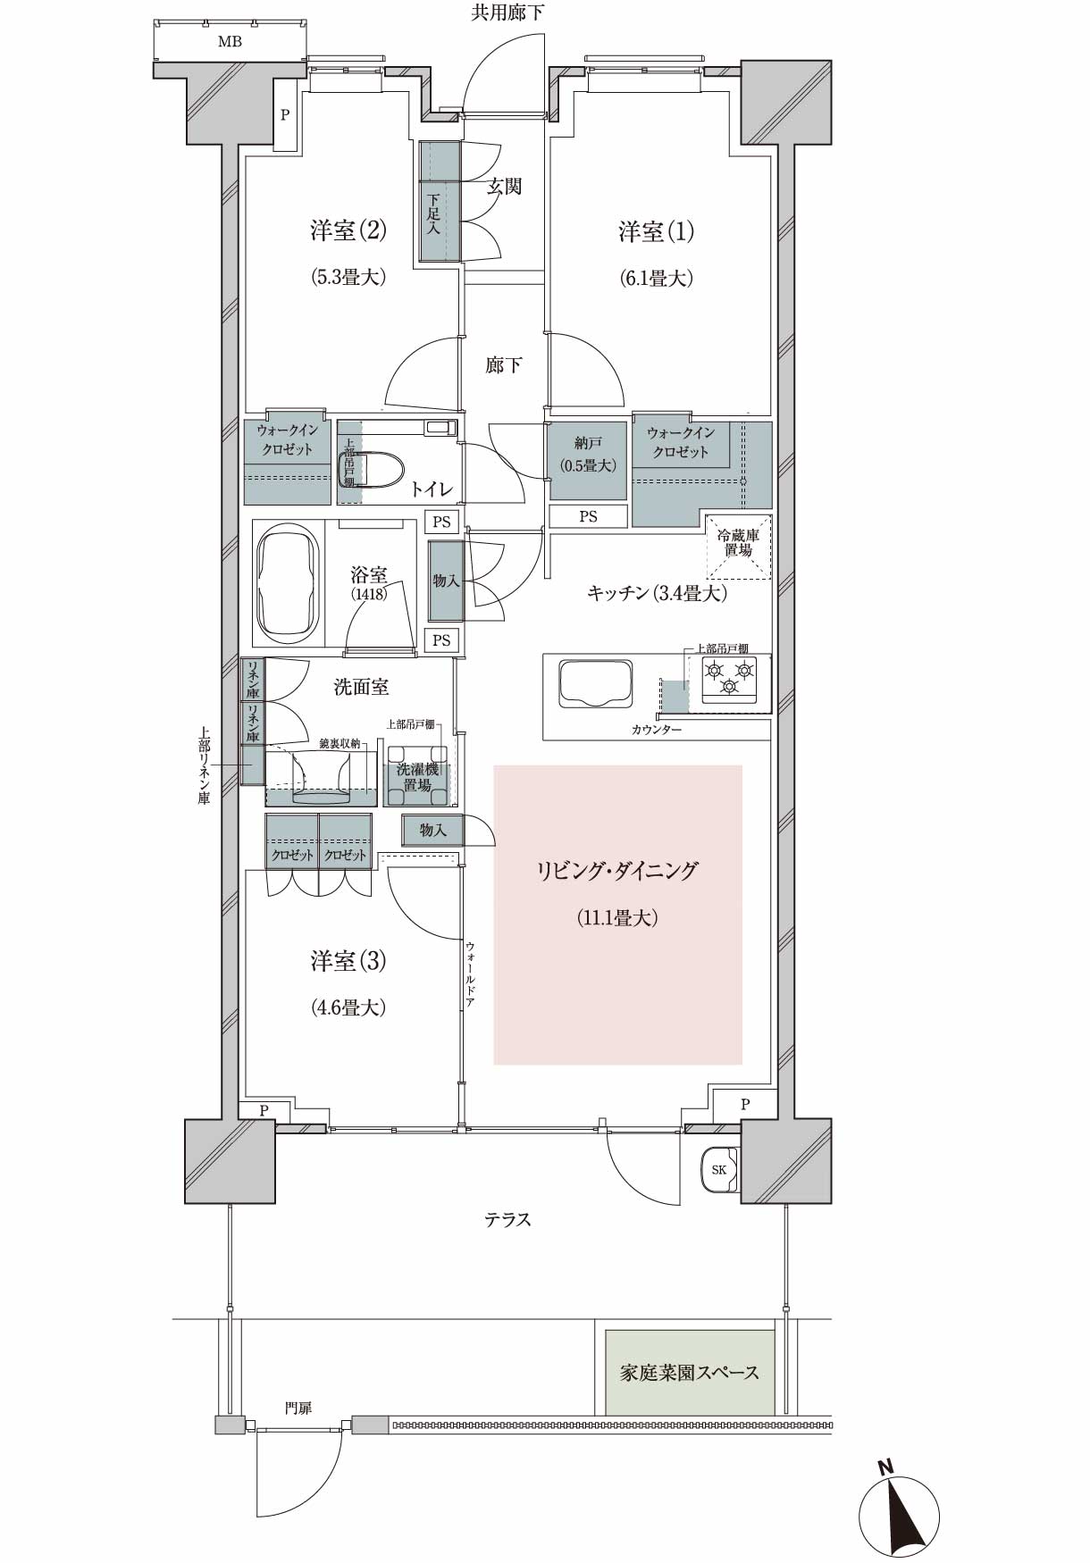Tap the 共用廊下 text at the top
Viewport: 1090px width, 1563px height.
click(507, 13)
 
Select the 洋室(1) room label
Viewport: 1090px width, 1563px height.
click(657, 232)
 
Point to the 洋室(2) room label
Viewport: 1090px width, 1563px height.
click(348, 231)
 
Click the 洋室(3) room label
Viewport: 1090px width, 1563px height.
click(348, 961)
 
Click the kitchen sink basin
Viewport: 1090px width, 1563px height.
click(596, 683)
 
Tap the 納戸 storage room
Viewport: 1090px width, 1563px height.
click(588, 460)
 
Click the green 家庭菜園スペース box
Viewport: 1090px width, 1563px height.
click(690, 1373)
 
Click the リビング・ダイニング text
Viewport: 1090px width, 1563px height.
click(617, 871)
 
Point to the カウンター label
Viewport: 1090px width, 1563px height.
click(657, 731)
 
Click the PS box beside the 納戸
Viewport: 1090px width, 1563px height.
click(588, 516)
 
